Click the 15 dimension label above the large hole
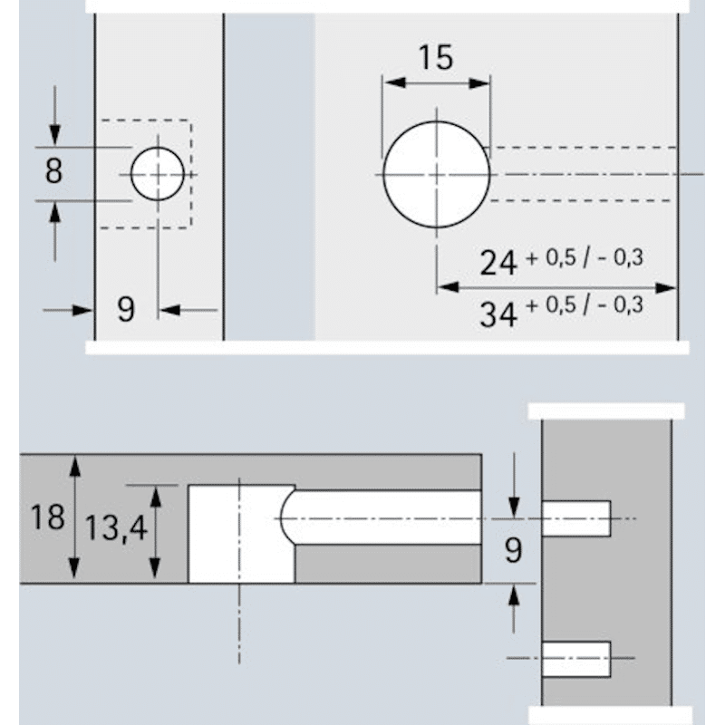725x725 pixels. click(x=436, y=57)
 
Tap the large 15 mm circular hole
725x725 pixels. click(x=436, y=173)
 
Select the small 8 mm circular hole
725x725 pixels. click(x=157, y=173)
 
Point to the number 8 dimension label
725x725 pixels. click(x=54, y=170)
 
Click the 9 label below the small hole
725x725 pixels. click(x=126, y=310)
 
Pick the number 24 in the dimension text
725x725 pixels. click(x=498, y=262)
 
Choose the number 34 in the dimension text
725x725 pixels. click(x=498, y=314)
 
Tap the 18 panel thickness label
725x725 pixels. click(x=47, y=517)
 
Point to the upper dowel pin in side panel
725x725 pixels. click(x=576, y=518)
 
